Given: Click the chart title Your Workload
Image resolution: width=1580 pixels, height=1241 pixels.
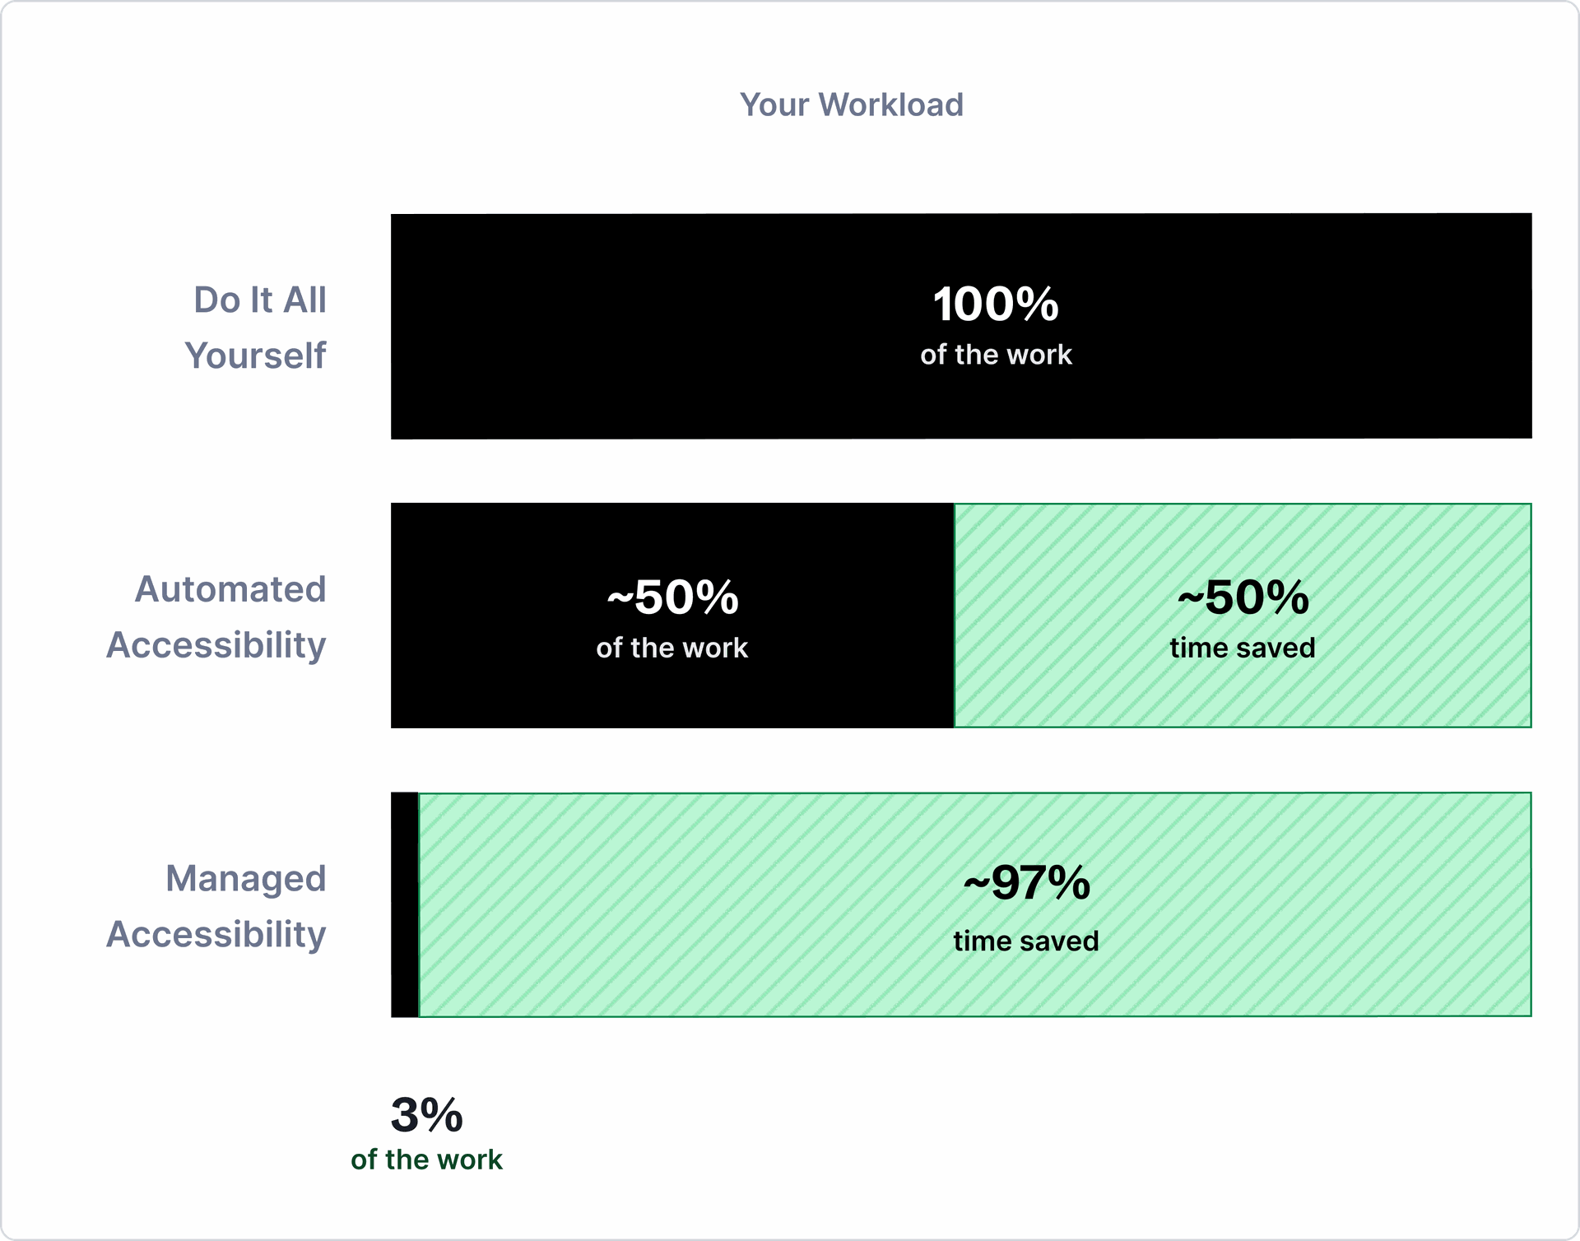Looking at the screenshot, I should click(851, 105).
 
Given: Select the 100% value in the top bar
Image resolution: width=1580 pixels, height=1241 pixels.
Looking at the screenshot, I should click(996, 304).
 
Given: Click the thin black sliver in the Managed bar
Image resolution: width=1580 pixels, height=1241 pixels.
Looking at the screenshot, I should click(404, 905).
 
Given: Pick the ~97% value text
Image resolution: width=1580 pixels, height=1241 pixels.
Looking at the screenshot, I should click(1026, 883).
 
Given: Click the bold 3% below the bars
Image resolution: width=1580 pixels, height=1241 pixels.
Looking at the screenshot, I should click(426, 1115).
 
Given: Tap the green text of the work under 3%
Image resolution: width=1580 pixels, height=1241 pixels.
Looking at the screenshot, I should click(426, 1160).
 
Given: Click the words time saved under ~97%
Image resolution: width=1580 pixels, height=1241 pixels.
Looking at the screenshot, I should click(1026, 941).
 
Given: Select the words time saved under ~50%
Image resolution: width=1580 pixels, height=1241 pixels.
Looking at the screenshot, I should click(1243, 648).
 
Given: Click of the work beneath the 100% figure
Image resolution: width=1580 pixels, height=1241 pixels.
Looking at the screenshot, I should click(996, 355).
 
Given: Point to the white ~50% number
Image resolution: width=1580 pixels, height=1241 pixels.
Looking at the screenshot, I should click(672, 597).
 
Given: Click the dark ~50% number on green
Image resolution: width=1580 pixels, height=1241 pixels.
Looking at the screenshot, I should click(1243, 597).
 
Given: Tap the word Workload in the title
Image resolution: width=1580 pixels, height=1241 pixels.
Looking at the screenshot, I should click(890, 105).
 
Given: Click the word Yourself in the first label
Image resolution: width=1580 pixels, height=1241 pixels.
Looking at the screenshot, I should click(255, 356).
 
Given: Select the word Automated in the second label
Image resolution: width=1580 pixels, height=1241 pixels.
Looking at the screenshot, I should click(230, 589).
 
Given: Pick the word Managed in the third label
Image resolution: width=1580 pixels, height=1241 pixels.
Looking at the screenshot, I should click(245, 878).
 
